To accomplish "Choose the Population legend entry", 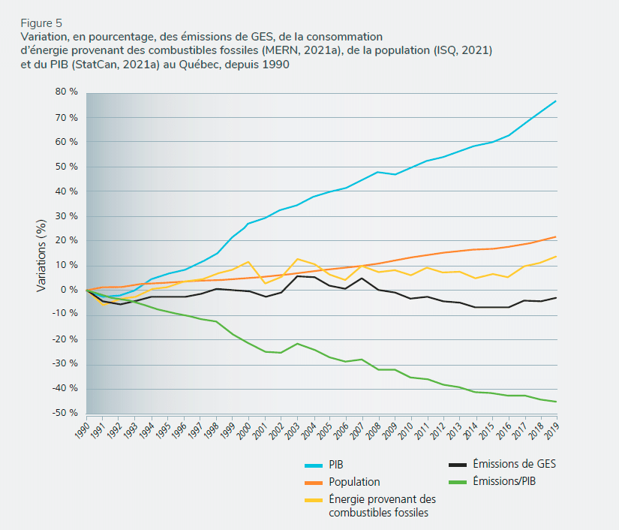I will [x=354, y=482].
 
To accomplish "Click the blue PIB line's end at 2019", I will [x=556, y=101].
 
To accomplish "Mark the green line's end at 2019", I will [x=556, y=402].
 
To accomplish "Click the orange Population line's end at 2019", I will [x=556, y=236].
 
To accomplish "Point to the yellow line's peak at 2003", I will [x=297, y=259].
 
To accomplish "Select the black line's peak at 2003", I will [x=297, y=276].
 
